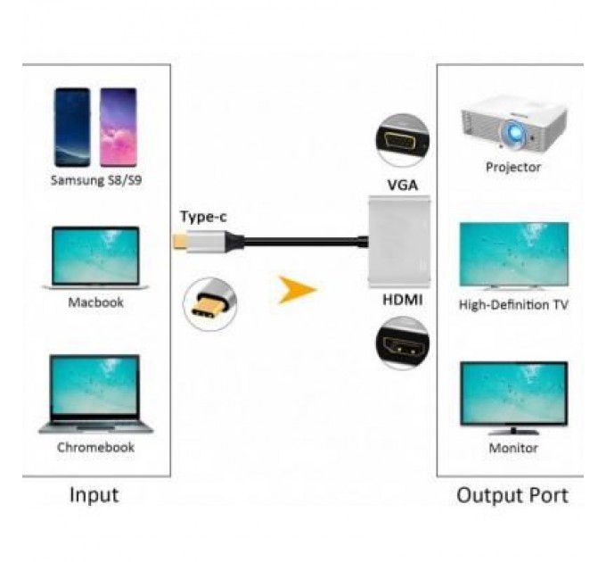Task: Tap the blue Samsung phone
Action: (x=72, y=128)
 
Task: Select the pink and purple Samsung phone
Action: (x=119, y=128)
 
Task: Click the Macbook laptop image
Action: (x=95, y=257)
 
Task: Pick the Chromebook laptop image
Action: (x=95, y=393)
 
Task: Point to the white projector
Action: (x=512, y=125)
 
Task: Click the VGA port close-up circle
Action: (x=402, y=140)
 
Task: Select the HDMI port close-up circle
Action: (x=402, y=343)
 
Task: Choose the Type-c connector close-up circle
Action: (x=209, y=303)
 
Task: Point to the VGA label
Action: (x=403, y=186)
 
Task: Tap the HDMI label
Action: (x=403, y=301)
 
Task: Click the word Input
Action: (x=94, y=495)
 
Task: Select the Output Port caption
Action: (x=512, y=495)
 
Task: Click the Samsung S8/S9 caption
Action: (x=95, y=181)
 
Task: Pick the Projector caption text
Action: (x=512, y=167)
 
